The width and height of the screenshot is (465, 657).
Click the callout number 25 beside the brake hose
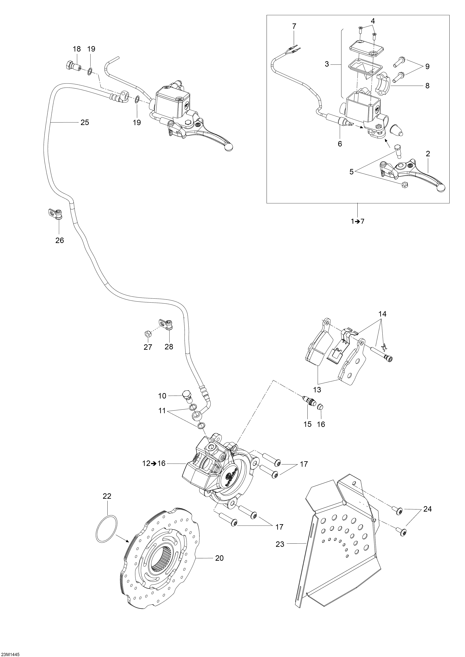tap(85, 123)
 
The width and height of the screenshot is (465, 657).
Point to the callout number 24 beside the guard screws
tap(427, 509)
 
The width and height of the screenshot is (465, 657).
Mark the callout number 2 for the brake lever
tap(428, 154)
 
